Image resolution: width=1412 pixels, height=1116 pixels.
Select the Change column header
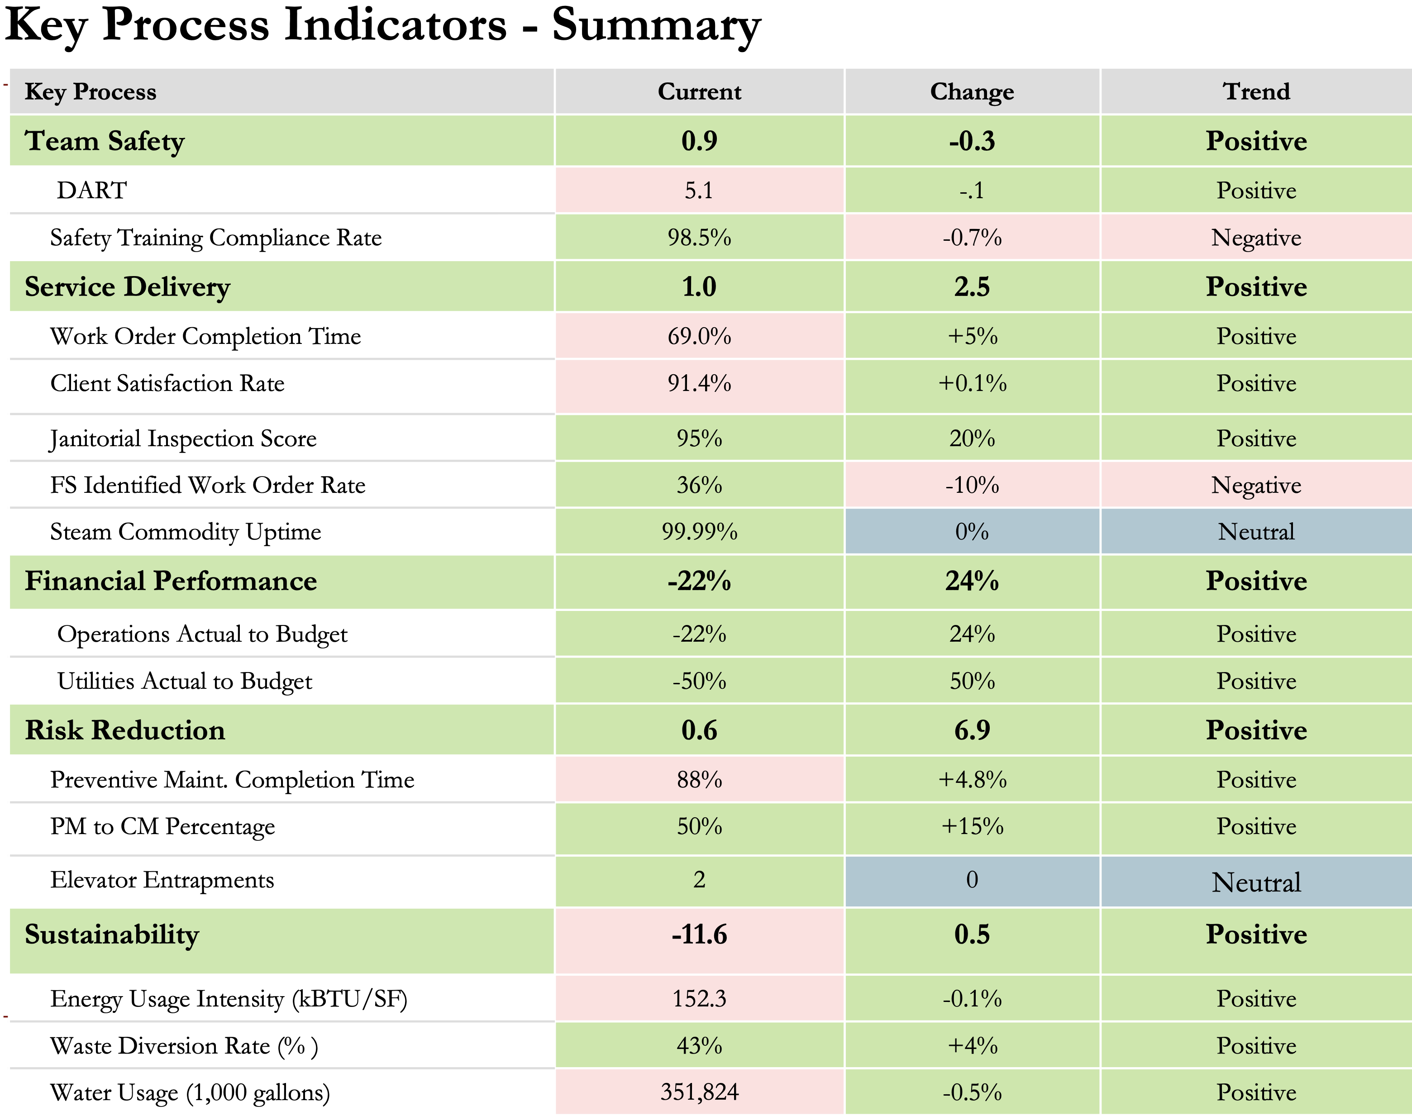[x=972, y=91]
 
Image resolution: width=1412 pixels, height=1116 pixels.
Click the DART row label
[x=91, y=190]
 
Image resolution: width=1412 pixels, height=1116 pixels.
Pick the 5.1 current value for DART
[x=698, y=190]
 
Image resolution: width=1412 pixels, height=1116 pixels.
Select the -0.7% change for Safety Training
[x=972, y=237]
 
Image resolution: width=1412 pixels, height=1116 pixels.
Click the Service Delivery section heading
[x=128, y=287]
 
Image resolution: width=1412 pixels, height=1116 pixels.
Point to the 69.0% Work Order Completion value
[x=698, y=336]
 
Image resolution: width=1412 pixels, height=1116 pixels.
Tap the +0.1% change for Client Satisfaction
[x=972, y=383]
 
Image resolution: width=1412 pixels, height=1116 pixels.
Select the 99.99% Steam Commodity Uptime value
[x=698, y=531]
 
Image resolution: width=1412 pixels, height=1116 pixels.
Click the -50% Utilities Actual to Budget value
[x=698, y=681]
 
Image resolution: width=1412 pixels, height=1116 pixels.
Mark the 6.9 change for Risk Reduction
[x=972, y=730]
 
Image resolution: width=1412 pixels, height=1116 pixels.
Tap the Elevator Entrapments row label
[x=162, y=880]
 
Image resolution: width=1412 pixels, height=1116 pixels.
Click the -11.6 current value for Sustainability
[x=698, y=935]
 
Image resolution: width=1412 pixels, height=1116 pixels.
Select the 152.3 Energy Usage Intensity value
[x=698, y=998]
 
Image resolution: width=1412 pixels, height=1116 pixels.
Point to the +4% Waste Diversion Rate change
[x=972, y=1045]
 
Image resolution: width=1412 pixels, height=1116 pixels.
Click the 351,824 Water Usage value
[x=698, y=1092]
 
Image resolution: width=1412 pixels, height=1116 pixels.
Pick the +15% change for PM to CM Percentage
[x=972, y=826]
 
